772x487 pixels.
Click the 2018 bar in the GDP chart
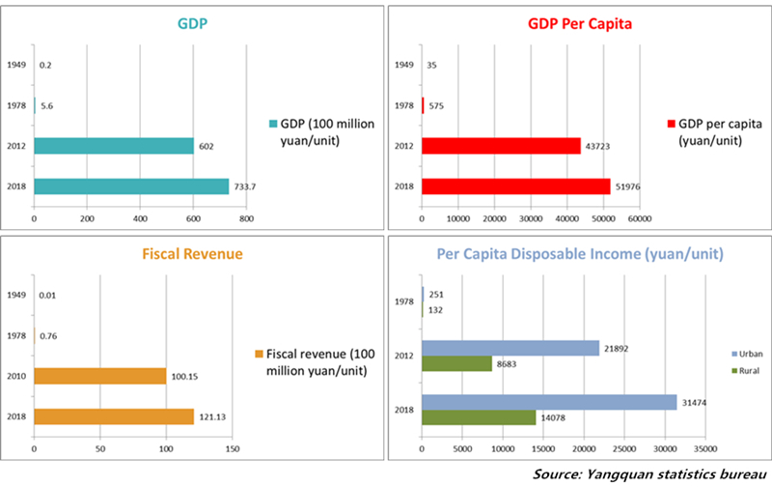click(131, 186)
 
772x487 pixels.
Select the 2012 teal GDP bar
click(114, 146)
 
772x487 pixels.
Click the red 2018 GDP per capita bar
click(515, 186)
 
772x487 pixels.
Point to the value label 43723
click(599, 146)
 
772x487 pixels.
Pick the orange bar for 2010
click(99, 376)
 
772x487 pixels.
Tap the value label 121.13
click(215, 416)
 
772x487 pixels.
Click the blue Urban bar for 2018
click(549, 402)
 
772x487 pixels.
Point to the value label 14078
click(554, 417)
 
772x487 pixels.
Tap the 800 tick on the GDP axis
click(245, 219)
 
